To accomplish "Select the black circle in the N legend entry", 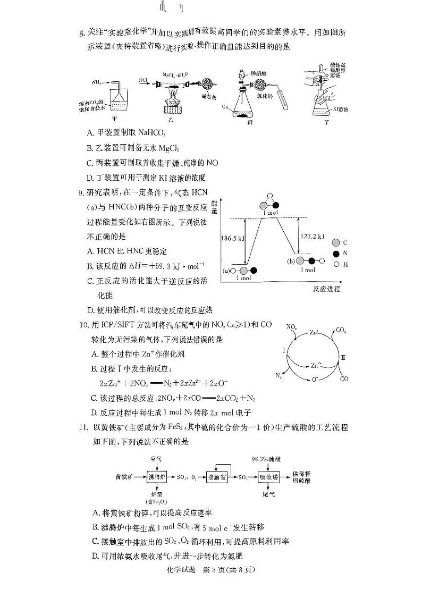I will pos(335,254).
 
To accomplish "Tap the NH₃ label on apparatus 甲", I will pos(97,83).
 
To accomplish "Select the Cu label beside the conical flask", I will pos(226,107).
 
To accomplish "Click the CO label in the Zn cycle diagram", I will pos(344,379).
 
